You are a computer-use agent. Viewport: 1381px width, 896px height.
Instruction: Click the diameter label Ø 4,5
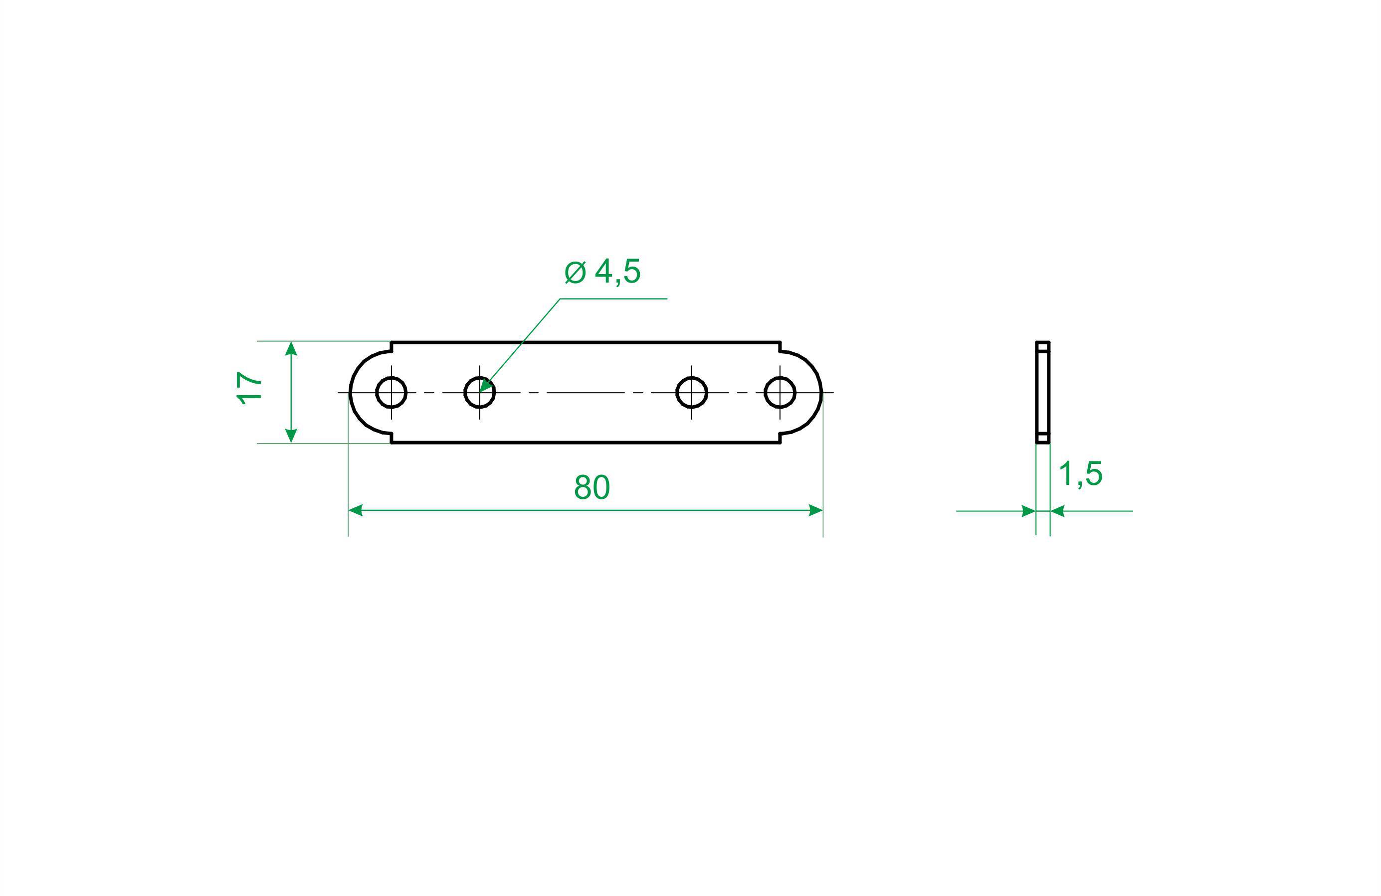point(603,272)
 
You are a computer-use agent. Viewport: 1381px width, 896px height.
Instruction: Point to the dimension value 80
point(592,488)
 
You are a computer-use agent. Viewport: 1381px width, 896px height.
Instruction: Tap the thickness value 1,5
point(1080,474)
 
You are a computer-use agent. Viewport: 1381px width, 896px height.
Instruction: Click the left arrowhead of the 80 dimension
point(356,510)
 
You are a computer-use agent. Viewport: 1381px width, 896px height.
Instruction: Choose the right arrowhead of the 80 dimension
point(816,510)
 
